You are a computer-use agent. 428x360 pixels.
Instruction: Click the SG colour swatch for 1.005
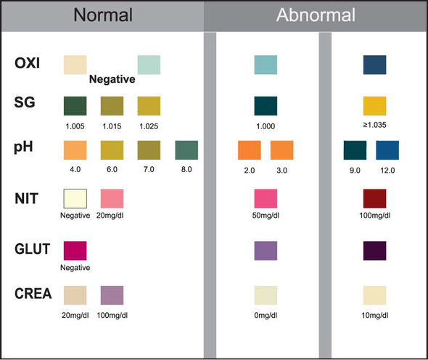(75, 106)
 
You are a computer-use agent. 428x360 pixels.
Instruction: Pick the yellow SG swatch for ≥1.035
(374, 106)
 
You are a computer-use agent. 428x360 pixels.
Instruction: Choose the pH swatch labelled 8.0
(186, 150)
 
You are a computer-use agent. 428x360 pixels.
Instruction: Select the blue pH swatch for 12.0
(387, 150)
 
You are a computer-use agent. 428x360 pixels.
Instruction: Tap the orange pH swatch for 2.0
(249, 150)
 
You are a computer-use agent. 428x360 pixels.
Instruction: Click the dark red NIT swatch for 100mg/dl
(374, 198)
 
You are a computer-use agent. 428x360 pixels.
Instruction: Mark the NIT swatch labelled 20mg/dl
(111, 198)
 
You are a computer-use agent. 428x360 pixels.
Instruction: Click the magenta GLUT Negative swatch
(75, 250)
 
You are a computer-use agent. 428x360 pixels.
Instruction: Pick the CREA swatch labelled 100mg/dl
(111, 295)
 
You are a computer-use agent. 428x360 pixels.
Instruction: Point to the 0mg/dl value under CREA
(266, 314)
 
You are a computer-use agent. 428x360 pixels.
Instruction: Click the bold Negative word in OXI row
(112, 81)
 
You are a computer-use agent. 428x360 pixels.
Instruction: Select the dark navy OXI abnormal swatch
(374, 65)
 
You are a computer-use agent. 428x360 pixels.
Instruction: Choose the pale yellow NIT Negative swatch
(75, 198)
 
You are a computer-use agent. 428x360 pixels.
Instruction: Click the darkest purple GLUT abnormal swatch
(374, 250)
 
